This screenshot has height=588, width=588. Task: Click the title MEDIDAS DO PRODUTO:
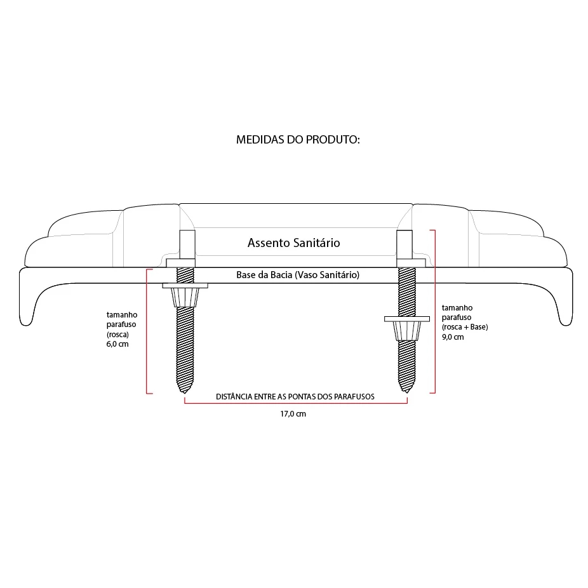pos(298,140)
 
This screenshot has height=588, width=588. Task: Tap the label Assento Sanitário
pos(294,243)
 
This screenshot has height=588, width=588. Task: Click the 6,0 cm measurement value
pos(117,344)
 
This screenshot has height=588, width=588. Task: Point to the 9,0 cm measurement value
pos(453,337)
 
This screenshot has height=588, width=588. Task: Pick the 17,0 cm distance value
pos(293,414)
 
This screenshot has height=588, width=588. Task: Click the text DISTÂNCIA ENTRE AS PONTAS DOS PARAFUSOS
pos(295,396)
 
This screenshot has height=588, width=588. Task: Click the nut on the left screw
pos(185,295)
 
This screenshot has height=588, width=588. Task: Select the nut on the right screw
pos(406,329)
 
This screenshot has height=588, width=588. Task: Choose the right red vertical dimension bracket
pos(434,311)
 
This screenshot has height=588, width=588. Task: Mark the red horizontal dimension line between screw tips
pos(295,404)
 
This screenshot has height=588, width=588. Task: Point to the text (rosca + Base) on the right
pos(465,327)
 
